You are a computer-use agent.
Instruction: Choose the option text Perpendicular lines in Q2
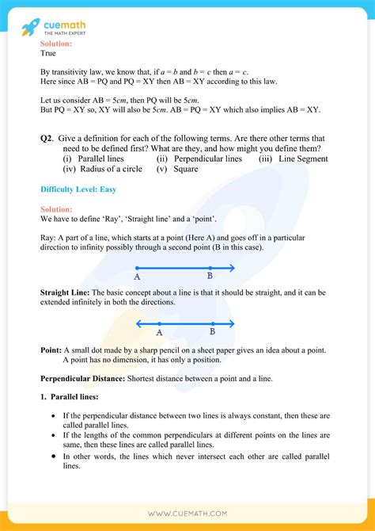pos(210,159)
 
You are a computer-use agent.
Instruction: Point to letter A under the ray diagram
pos(137,277)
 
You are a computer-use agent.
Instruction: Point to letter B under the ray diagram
pos(210,276)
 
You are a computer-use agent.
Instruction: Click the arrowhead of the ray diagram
pos(233,268)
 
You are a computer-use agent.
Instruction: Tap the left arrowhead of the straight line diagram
pos(138,323)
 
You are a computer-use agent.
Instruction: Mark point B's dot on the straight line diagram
pos(212,323)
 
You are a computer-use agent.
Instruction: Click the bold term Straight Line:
pos(66,292)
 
